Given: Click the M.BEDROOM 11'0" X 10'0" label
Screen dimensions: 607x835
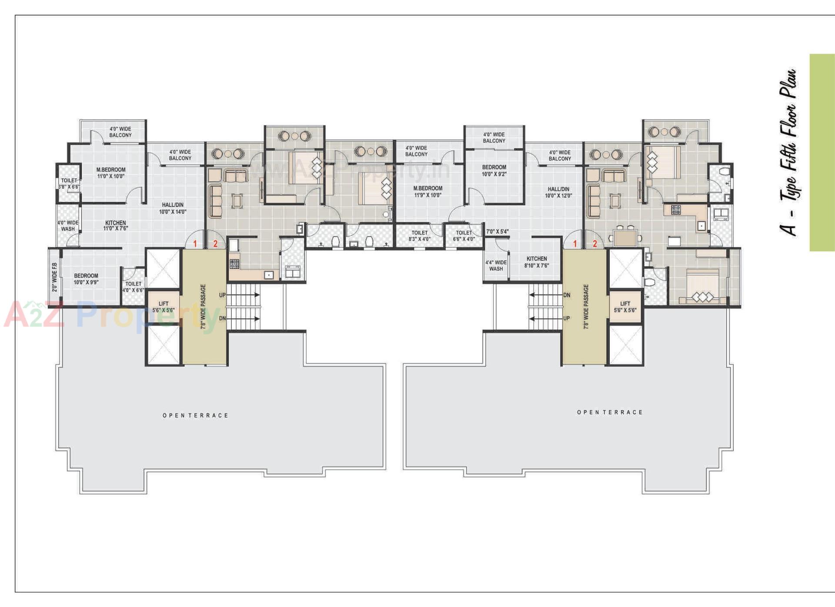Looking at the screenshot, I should pyautogui.click(x=111, y=173).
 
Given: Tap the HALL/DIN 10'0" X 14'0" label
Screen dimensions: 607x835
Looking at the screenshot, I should pyautogui.click(x=173, y=208).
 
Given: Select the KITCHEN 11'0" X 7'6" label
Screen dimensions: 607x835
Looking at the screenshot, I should pyautogui.click(x=115, y=225).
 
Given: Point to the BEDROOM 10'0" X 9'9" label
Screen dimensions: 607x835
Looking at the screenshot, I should pyautogui.click(x=86, y=279).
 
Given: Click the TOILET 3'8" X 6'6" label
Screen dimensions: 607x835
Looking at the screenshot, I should pyautogui.click(x=69, y=183).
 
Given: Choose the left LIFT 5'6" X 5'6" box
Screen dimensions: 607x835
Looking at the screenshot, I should pyautogui.click(x=164, y=307).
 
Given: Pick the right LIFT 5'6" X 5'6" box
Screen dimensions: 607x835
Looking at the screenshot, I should pyautogui.click(x=625, y=307).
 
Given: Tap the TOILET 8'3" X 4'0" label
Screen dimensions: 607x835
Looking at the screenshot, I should pyautogui.click(x=419, y=236).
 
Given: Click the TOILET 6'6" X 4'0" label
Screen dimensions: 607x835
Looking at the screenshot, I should pyautogui.click(x=464, y=236).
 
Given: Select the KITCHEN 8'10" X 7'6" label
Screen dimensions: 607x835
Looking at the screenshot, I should pyautogui.click(x=537, y=262).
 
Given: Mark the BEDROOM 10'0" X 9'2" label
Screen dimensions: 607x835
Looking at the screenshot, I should pyautogui.click(x=494, y=170).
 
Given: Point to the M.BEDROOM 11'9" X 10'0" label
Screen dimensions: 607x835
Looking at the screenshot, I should pyautogui.click(x=428, y=191).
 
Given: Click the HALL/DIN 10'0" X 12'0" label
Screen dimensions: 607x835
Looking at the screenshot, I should pyautogui.click(x=558, y=192).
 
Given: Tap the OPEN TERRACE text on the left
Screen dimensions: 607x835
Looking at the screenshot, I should pyautogui.click(x=195, y=415).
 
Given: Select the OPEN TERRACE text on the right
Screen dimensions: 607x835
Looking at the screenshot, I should pyautogui.click(x=610, y=412).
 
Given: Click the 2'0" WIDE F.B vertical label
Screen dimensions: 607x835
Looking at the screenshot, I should pyautogui.click(x=54, y=277).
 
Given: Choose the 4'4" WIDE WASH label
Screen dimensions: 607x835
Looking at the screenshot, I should pyautogui.click(x=496, y=265).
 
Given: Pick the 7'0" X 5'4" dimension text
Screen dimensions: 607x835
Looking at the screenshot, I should pyautogui.click(x=497, y=231).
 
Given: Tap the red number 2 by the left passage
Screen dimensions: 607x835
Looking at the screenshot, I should pyautogui.click(x=215, y=244).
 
